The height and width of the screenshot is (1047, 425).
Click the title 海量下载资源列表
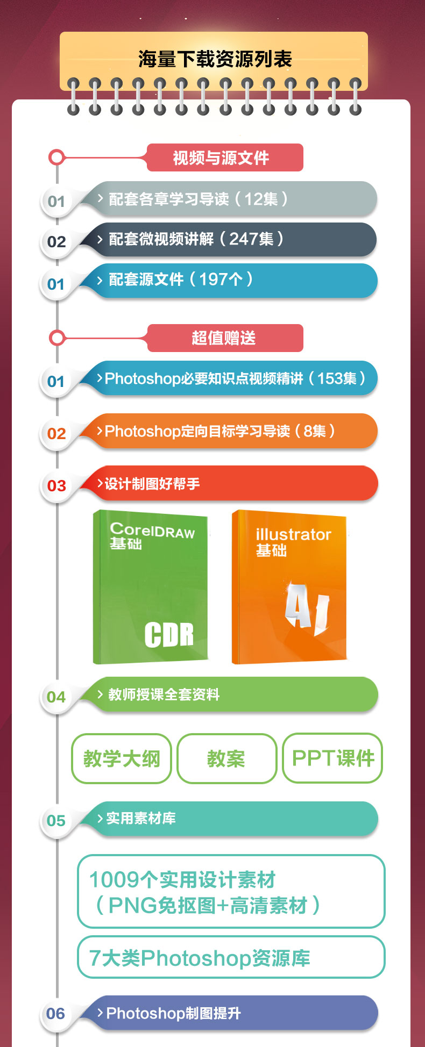[215, 59]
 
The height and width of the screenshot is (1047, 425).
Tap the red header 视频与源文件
[224, 157]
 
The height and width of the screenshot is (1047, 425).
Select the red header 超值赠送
[224, 338]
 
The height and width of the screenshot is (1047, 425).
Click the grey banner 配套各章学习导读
[231, 199]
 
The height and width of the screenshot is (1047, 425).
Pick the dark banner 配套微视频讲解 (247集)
[231, 240]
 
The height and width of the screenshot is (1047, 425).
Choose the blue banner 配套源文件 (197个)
[231, 280]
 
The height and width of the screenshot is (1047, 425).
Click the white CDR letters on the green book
[169, 634]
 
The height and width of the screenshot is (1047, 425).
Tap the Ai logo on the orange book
[306, 607]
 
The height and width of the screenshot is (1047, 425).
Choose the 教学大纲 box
[122, 758]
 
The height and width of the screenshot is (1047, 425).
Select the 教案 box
[226, 758]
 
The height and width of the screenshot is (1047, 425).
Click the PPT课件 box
[332, 758]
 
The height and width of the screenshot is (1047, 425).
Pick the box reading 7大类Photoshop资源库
[231, 957]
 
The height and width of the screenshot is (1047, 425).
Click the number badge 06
[56, 1014]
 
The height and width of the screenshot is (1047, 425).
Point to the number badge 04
[56, 697]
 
